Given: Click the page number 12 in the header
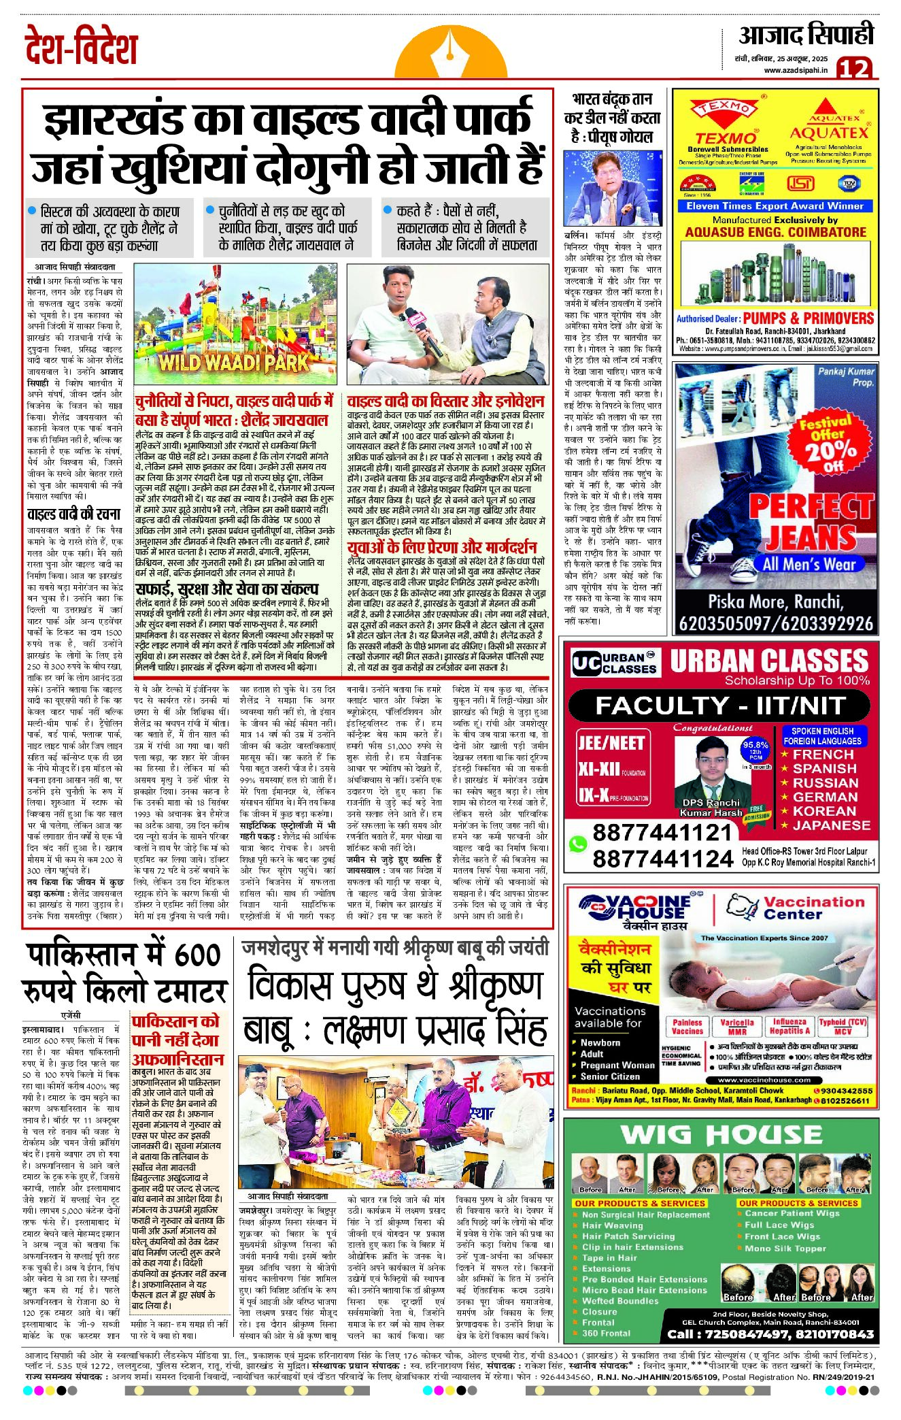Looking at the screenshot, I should [x=854, y=68].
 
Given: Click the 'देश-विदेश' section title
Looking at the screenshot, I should [x=82, y=48].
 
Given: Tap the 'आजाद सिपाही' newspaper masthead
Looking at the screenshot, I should [x=806, y=35].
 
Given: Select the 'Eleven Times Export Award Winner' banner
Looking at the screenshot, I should [x=775, y=206].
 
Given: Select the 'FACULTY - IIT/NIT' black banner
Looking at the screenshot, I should [x=720, y=706].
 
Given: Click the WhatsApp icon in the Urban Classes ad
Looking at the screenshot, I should [x=578, y=844].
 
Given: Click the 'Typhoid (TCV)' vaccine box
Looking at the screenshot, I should [x=843, y=1026].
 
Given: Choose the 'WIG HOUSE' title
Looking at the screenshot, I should [x=721, y=1135].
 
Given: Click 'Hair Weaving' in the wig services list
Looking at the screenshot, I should [x=612, y=1225].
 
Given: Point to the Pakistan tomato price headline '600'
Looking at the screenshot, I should [x=198, y=956].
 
